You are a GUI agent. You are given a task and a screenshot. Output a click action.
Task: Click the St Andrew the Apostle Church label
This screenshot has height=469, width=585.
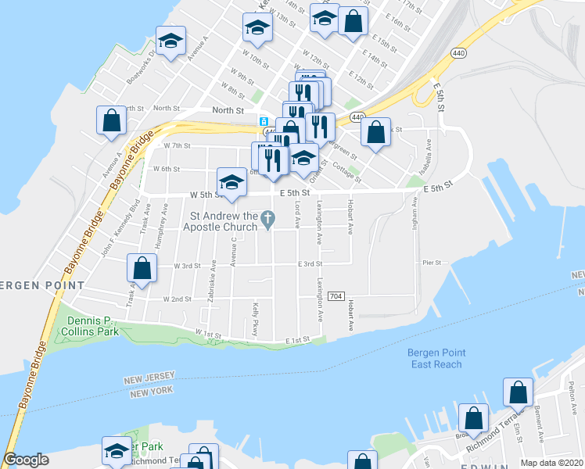pos(221,222)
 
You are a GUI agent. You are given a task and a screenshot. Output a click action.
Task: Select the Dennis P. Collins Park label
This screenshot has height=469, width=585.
pos(103,327)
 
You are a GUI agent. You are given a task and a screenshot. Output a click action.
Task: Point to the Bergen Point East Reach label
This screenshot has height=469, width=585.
pos(435,358)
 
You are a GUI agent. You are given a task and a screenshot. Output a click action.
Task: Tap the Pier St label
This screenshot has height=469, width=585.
pos(432,263)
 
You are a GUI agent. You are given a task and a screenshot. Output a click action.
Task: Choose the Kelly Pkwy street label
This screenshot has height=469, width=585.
pos(255,319)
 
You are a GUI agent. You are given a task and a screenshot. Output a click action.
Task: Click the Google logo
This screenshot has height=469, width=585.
pos(26,460)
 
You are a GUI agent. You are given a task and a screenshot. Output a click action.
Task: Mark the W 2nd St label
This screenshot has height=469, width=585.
pos(178,299)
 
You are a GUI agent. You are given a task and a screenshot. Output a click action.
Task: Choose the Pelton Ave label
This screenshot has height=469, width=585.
pos(572,394)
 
